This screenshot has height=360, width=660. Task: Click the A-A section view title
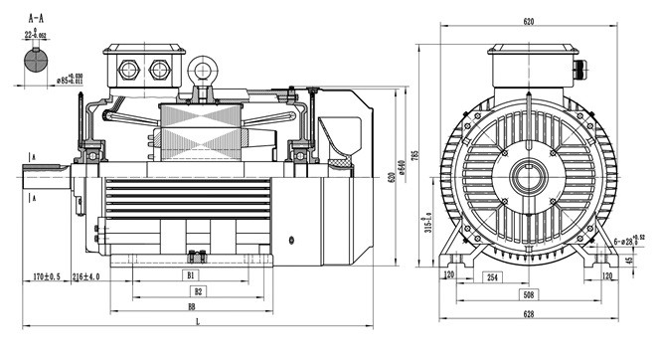(36, 17)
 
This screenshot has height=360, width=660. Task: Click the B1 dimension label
(191, 273)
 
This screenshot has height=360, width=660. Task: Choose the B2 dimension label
(198, 291)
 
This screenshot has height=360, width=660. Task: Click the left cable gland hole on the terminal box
(128, 70)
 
